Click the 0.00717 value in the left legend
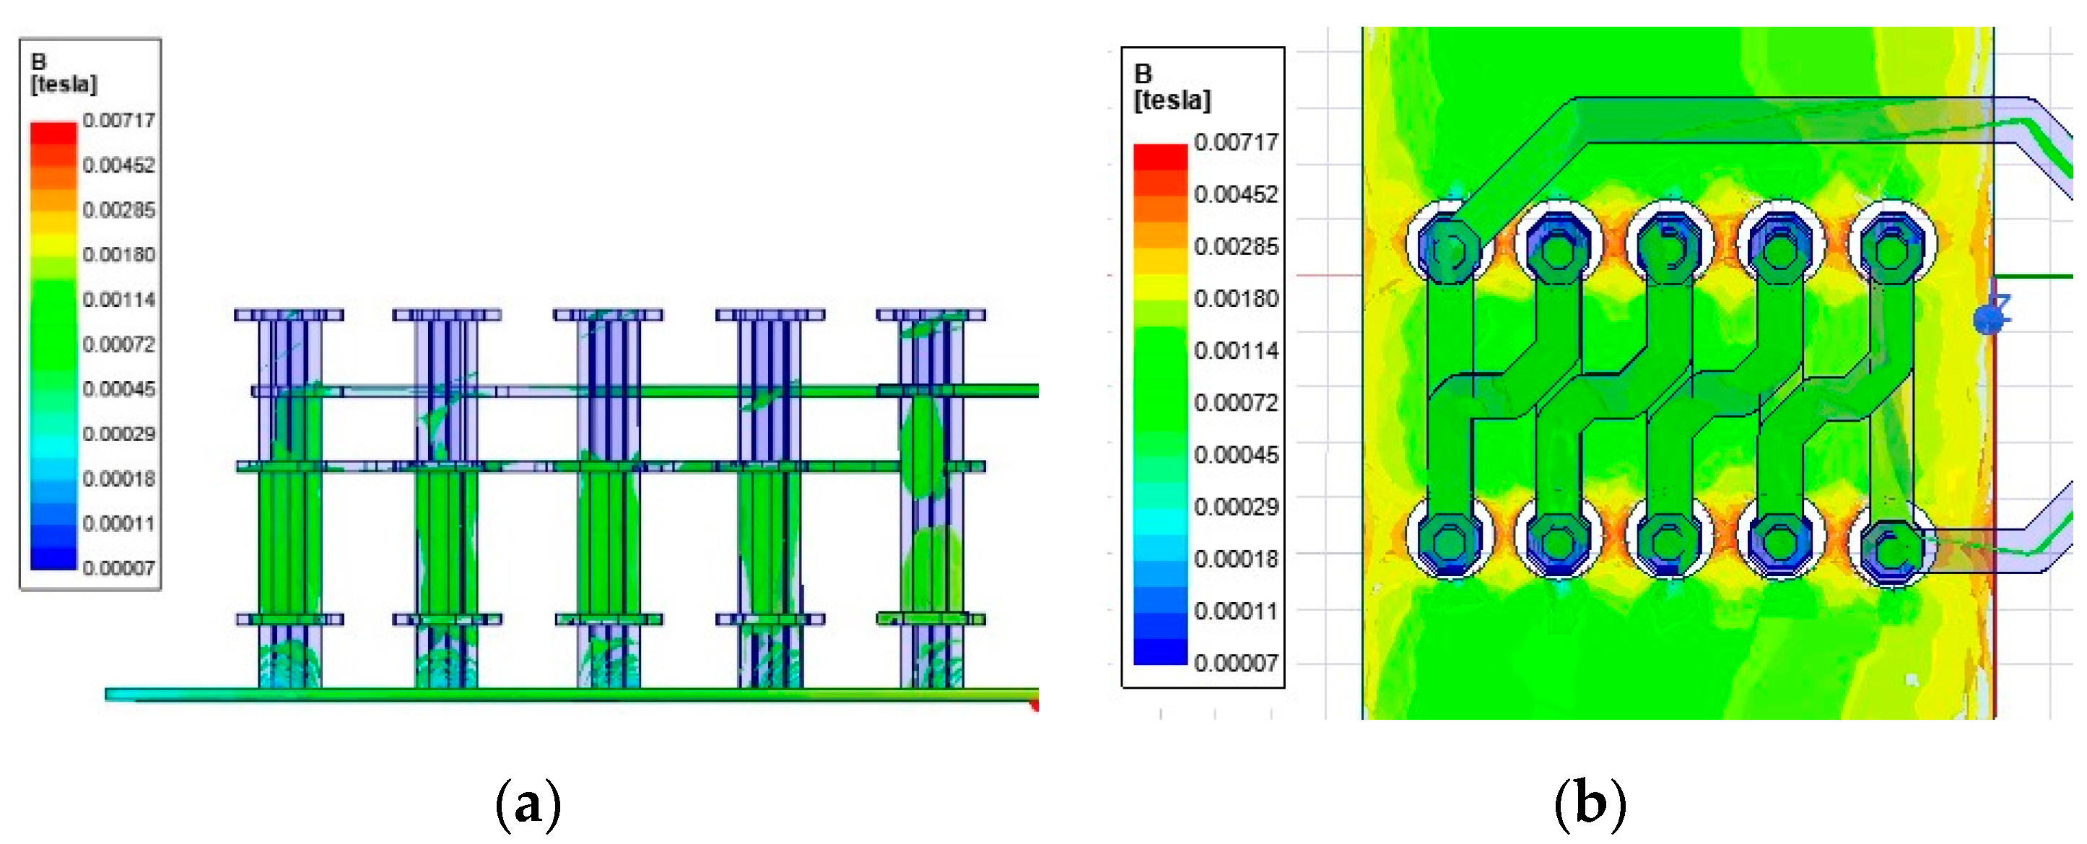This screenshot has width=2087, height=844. click(119, 120)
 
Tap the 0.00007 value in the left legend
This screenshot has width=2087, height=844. click(119, 567)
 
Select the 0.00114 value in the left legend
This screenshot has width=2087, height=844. click(119, 300)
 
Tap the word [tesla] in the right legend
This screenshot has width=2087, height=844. click(1172, 100)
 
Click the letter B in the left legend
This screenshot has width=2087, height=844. click(39, 61)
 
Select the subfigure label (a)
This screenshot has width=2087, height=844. click(528, 804)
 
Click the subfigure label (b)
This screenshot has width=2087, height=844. click(1590, 804)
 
